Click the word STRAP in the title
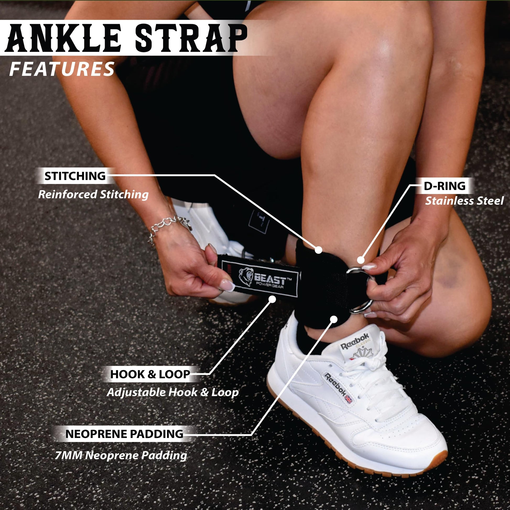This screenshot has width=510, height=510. coord(193,38)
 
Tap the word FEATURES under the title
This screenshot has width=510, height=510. coord(62,69)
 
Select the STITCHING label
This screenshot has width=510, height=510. coord(75,176)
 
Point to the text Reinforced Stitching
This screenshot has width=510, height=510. coord(94,194)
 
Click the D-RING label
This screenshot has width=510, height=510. coord(444,186)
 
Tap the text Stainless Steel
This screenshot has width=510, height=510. coord(464,201)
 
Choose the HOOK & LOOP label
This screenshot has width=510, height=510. coord(150,374)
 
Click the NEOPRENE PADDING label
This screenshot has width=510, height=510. coord(124,434)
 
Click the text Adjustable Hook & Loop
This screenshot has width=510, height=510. coord(173,392)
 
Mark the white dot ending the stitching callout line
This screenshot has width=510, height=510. coord(319,250)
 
